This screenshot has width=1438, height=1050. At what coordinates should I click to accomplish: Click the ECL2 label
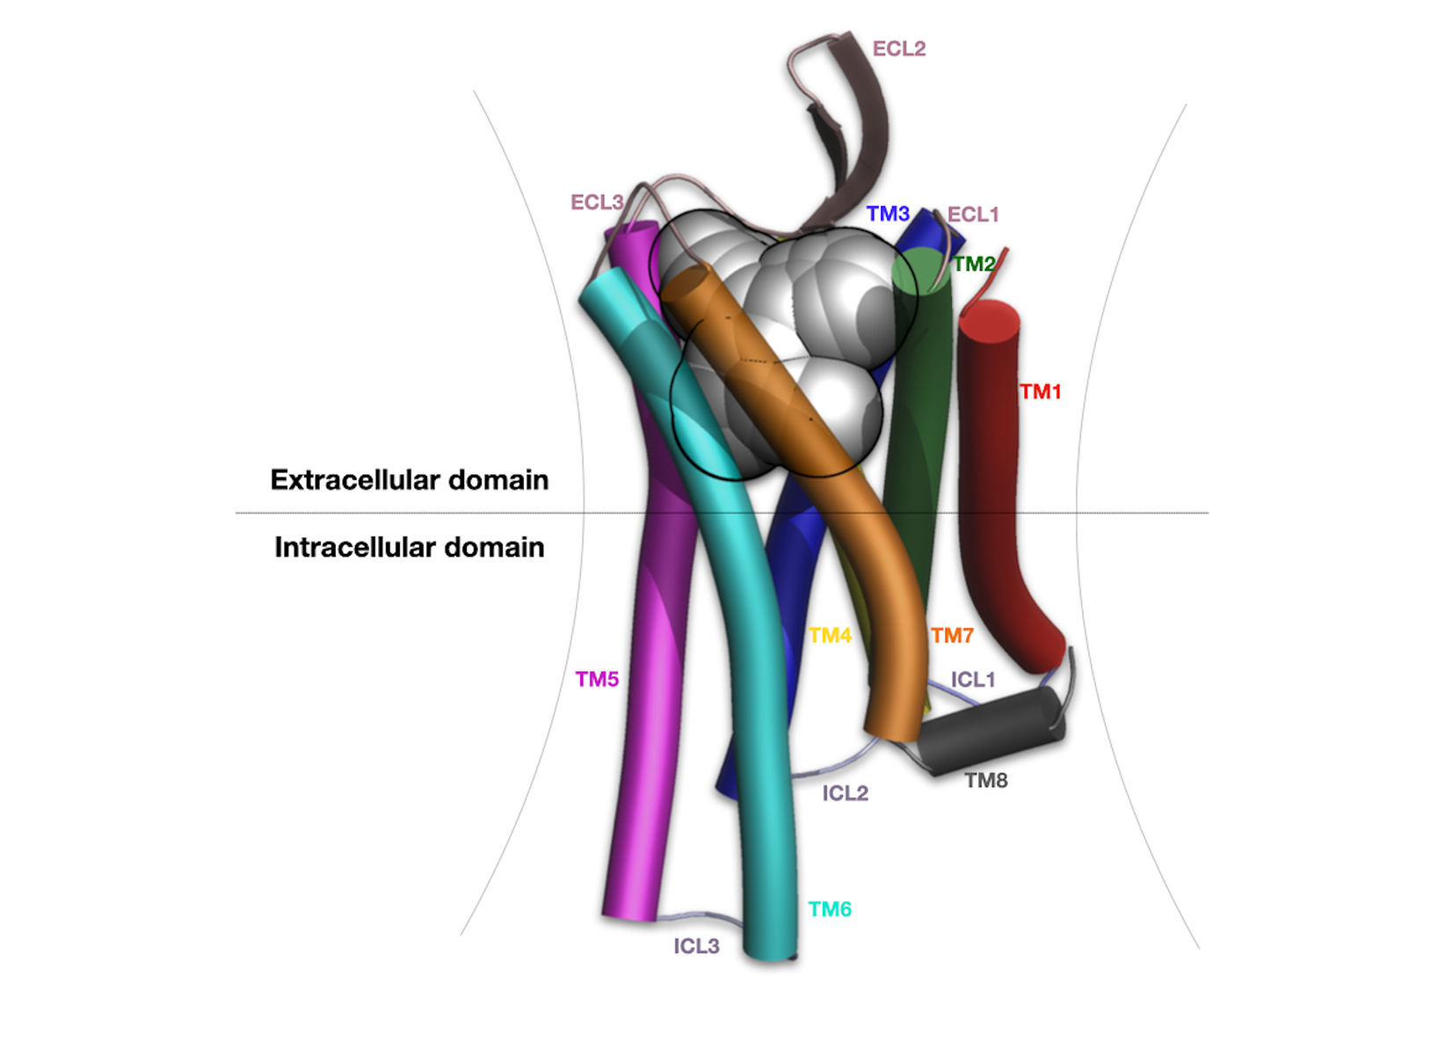point(898,49)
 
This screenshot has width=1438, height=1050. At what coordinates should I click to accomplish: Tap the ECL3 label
point(597,202)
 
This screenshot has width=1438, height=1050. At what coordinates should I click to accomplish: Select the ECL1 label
point(973,215)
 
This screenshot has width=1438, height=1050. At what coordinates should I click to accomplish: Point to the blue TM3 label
point(888,213)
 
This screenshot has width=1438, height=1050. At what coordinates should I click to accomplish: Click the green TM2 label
point(973,263)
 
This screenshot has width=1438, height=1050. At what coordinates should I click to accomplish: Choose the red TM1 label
point(1040,391)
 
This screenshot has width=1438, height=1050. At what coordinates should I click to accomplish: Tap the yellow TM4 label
point(830,635)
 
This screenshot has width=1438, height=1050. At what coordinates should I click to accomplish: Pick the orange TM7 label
point(952,636)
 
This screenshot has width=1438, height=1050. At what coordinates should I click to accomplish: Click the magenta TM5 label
point(597,679)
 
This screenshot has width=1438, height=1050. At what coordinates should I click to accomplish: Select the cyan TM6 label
point(830,908)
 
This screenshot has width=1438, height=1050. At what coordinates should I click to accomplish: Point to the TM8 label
point(986,780)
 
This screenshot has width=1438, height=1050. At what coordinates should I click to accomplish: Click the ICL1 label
point(972,680)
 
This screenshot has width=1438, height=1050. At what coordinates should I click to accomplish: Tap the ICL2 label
point(846,793)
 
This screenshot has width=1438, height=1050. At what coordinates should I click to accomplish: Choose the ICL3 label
point(696,946)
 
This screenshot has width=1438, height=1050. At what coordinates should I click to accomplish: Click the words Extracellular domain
point(410,480)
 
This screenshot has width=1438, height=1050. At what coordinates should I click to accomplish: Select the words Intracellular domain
point(410,547)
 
